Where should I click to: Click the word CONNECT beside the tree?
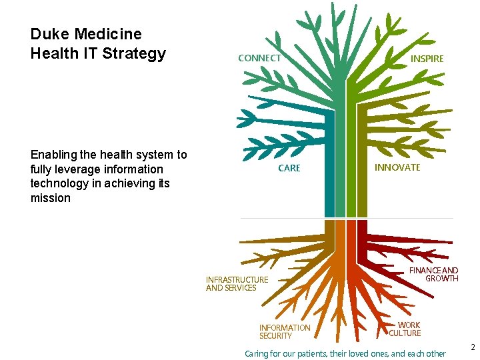coord(259,58)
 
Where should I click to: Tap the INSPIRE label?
coord(427,59)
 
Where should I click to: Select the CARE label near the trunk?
coord(289,168)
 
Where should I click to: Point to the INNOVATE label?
coord(397,167)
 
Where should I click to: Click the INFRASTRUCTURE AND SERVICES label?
coord(237,284)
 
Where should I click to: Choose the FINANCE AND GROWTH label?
coord(434,275)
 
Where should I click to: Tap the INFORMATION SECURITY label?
coord(285,331)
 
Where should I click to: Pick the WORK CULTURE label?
coord(405,329)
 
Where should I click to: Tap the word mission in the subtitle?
coord(51,198)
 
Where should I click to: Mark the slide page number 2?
coord(472,347)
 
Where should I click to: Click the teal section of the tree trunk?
coord(329,167)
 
